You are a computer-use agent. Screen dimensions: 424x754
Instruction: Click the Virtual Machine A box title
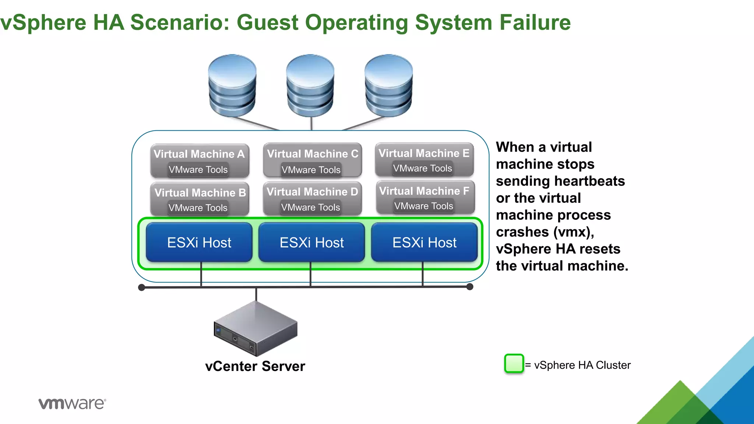coord(199,154)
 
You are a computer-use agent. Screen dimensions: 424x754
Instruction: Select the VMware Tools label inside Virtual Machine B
coord(198,208)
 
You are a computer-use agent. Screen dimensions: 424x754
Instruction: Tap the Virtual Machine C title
coord(313,154)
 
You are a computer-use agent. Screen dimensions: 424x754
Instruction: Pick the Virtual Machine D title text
coord(312,192)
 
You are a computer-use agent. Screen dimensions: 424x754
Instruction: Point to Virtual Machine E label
coord(424,153)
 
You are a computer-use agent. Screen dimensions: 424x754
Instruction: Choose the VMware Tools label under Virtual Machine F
coord(424,206)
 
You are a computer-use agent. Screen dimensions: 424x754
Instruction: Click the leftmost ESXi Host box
coord(199,243)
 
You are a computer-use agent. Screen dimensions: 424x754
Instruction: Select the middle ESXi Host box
coord(312,243)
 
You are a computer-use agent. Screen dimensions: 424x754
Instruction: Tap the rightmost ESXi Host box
coord(424,243)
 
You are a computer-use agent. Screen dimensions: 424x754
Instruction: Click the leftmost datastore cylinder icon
coord(232,86)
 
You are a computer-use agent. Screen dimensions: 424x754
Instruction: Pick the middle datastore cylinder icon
coord(310,86)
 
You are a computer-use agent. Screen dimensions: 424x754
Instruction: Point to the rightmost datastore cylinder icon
coord(388,86)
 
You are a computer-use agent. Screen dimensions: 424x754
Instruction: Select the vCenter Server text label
coord(255,366)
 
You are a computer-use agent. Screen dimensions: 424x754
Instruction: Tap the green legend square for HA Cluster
coord(514,364)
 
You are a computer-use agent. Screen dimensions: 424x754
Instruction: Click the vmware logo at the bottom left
coord(72,403)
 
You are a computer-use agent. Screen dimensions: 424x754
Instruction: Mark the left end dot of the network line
coord(141,287)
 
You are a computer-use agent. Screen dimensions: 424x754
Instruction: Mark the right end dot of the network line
coord(470,287)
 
